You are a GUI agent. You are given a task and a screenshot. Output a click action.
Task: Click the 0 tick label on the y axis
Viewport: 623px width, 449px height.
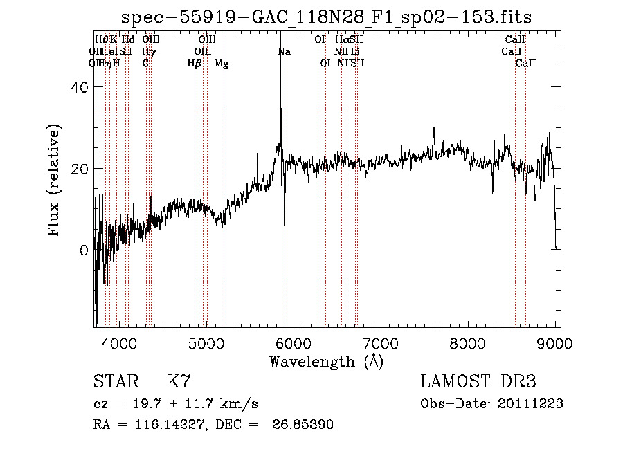83,250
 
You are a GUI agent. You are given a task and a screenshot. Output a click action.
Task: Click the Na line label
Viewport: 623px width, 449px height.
284,51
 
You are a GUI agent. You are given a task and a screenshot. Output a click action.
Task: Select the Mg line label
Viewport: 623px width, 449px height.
222,64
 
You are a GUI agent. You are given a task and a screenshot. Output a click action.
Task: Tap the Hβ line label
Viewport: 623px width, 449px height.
195,64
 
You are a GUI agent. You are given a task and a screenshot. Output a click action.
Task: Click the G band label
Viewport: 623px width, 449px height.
146,64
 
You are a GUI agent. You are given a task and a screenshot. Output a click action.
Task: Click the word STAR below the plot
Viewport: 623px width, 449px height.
115,382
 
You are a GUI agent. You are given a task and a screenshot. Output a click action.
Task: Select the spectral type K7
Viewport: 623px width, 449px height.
179,382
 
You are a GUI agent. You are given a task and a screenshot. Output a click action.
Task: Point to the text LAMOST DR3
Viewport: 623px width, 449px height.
478,382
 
